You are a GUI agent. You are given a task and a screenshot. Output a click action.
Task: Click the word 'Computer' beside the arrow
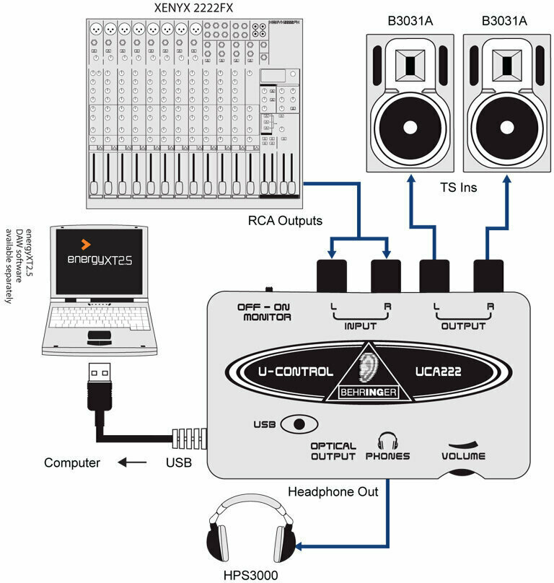pos(71,463)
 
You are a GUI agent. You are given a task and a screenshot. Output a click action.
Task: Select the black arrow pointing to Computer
pos(133,463)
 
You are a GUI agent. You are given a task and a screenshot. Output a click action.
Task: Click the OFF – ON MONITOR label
pos(264,312)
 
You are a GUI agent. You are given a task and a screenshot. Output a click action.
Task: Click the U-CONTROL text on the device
pos(297,372)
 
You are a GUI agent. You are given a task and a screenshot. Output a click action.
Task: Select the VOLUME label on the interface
pos(464,456)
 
